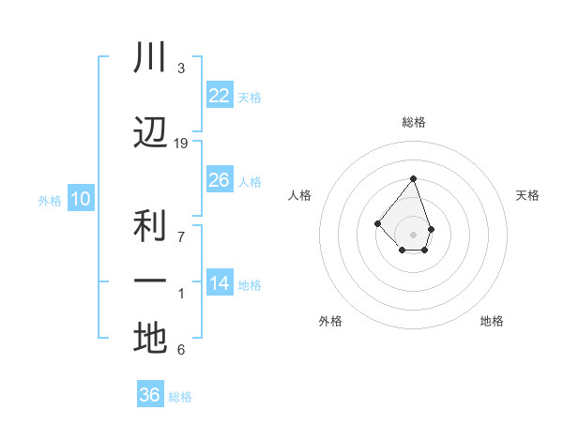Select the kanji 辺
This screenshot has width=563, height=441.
click(x=150, y=132)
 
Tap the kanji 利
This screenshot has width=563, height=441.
click(x=150, y=225)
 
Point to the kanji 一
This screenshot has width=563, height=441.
click(x=150, y=281)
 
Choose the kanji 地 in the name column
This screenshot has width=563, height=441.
click(x=150, y=338)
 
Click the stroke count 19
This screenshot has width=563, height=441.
click(x=181, y=143)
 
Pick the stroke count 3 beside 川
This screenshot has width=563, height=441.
click(x=181, y=68)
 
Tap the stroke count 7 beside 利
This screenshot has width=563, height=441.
click(x=181, y=236)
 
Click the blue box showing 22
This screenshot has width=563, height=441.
click(x=219, y=96)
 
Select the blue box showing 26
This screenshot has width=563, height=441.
click(x=219, y=180)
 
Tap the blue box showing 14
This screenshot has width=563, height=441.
click(x=219, y=284)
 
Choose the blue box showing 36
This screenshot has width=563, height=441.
click(x=150, y=395)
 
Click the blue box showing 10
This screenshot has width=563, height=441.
click(x=80, y=199)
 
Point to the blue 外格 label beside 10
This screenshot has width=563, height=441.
click(x=50, y=200)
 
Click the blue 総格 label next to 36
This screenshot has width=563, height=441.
click(x=180, y=397)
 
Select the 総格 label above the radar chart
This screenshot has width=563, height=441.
click(x=413, y=122)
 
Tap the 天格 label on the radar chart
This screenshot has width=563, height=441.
click(x=527, y=195)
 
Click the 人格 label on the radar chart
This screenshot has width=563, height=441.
click(x=299, y=195)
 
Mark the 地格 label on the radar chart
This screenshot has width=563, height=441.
click(x=492, y=321)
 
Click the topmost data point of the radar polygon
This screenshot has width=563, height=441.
click(x=413, y=178)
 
